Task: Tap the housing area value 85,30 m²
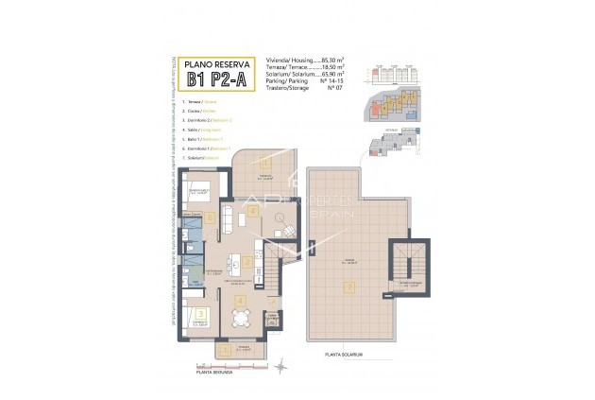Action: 330,59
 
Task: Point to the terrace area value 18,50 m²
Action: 330,66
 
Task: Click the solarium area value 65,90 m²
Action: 330,73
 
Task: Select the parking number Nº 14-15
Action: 327,80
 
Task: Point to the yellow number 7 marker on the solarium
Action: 349,287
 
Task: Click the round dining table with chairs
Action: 241,319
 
